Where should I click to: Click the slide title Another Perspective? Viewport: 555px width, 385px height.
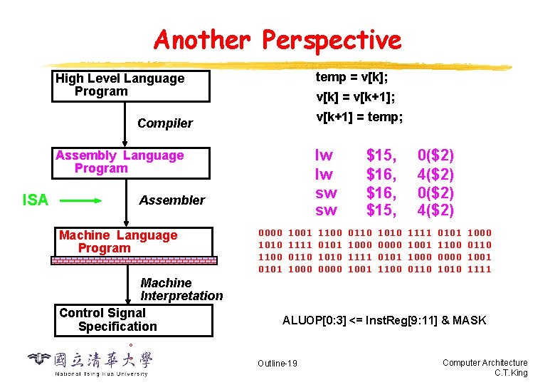coord(277,40)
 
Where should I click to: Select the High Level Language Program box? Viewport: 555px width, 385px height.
coord(132,86)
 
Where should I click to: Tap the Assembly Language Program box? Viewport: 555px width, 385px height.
coord(132,163)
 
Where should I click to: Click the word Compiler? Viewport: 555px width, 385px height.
coord(165,123)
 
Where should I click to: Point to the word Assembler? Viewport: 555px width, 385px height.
coord(171,200)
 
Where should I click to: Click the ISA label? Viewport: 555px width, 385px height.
coord(36,200)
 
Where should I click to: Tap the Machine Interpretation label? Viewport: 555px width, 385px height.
coord(181,289)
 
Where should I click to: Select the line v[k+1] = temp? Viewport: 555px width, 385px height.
coord(359,117)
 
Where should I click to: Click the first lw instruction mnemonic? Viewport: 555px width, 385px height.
coord(324,155)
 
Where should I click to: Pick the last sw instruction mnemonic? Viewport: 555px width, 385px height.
coord(326,210)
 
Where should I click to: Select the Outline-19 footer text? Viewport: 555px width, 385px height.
coord(277,364)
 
